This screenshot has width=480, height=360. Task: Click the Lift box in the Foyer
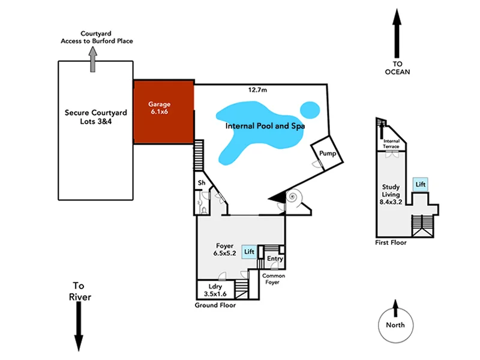[249, 252]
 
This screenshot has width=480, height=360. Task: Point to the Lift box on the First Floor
[421, 185]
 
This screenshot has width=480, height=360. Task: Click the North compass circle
[395, 325]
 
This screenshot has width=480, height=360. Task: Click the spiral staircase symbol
[295, 197]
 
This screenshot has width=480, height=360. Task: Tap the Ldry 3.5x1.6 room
[215, 290]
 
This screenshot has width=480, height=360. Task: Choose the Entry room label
[275, 259]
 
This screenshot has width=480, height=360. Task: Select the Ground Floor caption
[215, 305]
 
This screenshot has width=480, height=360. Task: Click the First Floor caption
[390, 243]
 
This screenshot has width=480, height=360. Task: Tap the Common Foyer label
[274, 278]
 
